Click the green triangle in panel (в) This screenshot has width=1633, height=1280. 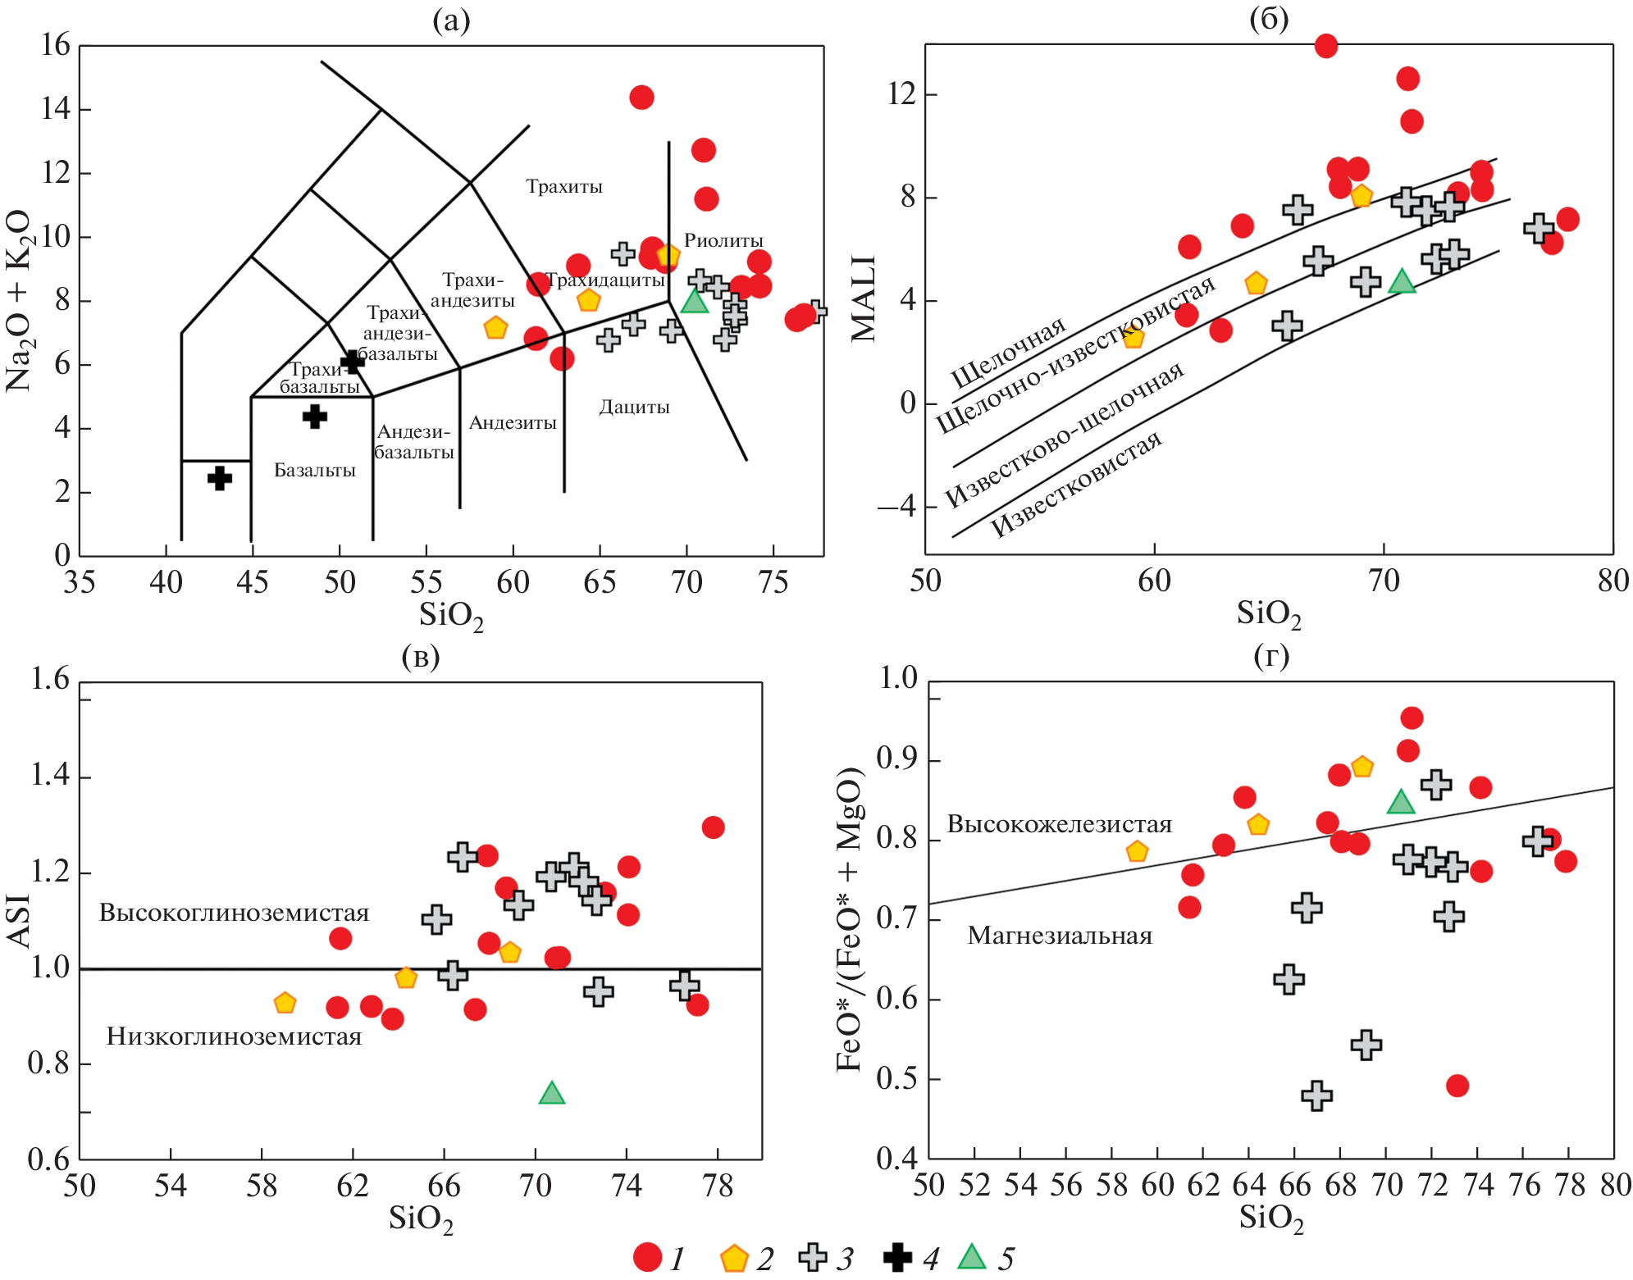tap(552, 1094)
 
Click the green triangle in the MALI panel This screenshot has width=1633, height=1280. tap(1402, 282)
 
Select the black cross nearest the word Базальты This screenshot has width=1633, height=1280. tap(314, 417)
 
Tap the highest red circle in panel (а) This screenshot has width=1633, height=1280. tap(641, 98)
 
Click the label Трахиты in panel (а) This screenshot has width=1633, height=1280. tap(564, 187)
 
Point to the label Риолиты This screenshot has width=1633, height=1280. tap(723, 240)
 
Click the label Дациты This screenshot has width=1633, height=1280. tap(634, 407)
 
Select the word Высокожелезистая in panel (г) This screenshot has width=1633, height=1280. tap(1059, 824)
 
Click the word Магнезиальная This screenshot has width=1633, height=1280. tap(1060, 936)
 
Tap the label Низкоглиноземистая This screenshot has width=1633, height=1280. tap(234, 1036)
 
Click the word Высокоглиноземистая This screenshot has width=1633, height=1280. tap(234, 913)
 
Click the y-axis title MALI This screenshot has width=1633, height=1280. tap(864, 298)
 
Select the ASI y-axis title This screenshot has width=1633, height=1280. tap(18, 921)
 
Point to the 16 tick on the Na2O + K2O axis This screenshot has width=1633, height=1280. tap(56, 45)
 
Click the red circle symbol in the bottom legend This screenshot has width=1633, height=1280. tap(647, 1258)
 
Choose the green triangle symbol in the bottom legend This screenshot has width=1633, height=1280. tap(972, 1257)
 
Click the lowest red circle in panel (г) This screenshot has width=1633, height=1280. tap(1457, 1086)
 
